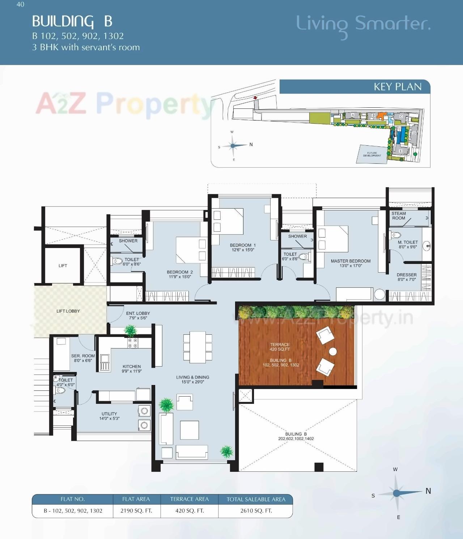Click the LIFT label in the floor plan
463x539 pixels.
coord(63,266)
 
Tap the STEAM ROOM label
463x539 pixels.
coord(399,216)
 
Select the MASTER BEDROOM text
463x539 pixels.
coord(351,261)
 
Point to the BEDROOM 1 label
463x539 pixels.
coord(243,245)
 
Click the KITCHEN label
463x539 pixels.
coord(132,367)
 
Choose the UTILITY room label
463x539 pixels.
coord(109,414)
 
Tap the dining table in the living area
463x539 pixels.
coord(198,347)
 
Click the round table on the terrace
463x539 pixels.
coord(333,351)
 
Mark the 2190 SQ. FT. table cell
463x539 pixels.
coord(136,511)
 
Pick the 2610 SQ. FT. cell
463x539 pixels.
coord(256,511)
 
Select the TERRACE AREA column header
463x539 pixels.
coord(190,499)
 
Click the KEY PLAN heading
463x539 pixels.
coord(398,87)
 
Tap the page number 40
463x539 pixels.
coord(20,4)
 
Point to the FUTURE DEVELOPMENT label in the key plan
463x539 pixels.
coord(372,154)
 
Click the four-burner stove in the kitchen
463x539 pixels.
coord(132,343)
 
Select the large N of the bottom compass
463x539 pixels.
coord(428,491)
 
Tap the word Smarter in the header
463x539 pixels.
coord(392,24)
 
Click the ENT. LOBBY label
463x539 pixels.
coord(138,313)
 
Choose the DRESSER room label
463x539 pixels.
coord(407,275)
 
